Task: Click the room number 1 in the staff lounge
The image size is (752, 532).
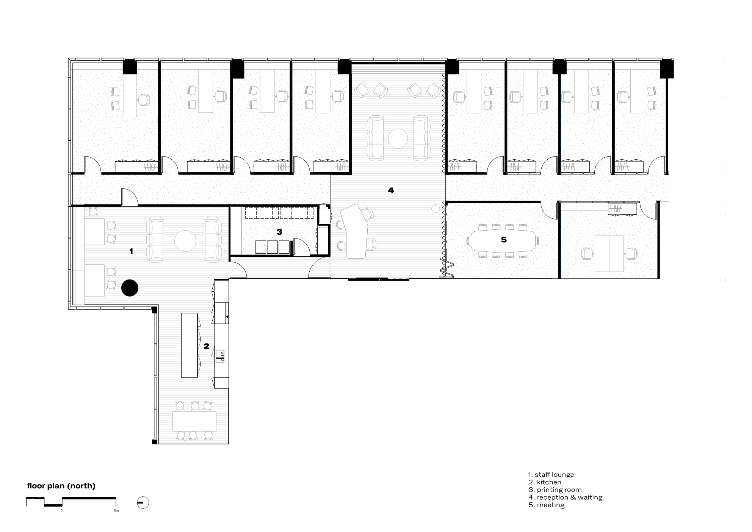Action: (x=131, y=251)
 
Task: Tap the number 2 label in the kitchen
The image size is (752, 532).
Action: (x=207, y=346)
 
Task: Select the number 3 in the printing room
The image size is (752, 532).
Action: (x=279, y=232)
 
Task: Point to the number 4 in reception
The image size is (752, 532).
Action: (x=391, y=190)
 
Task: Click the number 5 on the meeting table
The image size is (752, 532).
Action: (x=504, y=240)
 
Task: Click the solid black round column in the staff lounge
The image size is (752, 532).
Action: (x=130, y=288)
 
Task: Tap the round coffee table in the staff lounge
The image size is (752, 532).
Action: (x=185, y=240)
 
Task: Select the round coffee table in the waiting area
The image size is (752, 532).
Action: (x=398, y=138)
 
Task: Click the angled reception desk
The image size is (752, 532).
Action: (x=354, y=231)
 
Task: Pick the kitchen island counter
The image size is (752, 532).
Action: (x=190, y=345)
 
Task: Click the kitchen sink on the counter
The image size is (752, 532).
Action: (x=220, y=356)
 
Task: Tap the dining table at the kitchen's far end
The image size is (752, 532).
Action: (x=194, y=421)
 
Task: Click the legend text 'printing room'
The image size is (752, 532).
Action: (x=559, y=490)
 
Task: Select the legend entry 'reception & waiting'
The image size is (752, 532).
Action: (x=569, y=497)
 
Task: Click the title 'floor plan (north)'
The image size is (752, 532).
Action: (x=61, y=486)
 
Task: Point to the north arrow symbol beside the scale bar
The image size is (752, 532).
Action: (x=143, y=503)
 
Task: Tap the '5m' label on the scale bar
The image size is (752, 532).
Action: (x=116, y=511)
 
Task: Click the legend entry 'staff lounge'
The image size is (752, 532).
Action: (x=554, y=475)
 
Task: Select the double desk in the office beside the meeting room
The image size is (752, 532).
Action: (x=609, y=254)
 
